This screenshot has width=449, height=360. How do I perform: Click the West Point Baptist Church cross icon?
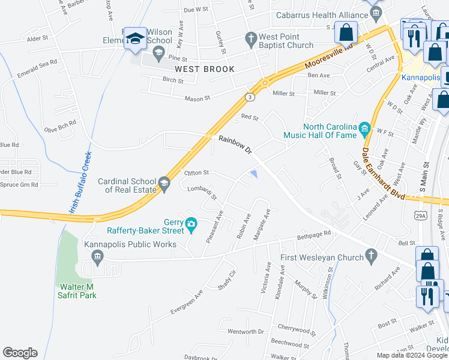[x=251, y=40]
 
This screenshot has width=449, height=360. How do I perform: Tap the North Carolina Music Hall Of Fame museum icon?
[x=364, y=128]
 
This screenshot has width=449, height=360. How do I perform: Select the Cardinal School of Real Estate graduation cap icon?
[x=164, y=182]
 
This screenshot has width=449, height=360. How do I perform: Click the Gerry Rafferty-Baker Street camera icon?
[x=191, y=225]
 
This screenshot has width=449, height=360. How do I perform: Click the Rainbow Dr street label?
[x=235, y=146]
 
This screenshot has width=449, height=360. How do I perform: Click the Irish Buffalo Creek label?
[x=80, y=181]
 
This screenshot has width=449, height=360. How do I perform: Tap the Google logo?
[x=20, y=353]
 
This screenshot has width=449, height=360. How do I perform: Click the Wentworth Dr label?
[x=246, y=331]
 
